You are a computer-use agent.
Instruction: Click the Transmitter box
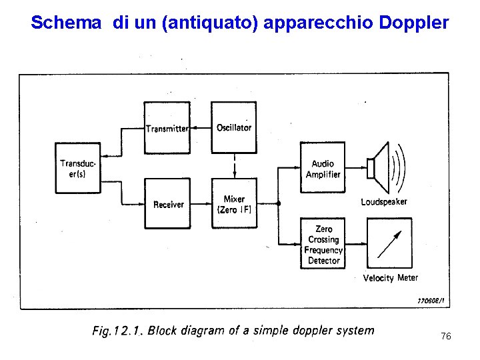point(167,128)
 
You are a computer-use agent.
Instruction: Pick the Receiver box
point(167,204)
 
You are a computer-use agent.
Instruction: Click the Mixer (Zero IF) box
point(234,204)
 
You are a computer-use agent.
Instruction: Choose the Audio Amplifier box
point(323,169)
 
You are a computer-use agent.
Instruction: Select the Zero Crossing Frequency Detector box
point(323,245)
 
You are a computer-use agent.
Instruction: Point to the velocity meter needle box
point(389,244)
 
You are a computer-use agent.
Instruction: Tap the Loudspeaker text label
point(384,201)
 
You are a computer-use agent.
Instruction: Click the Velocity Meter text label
point(391,278)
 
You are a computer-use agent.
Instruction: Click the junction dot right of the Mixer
point(279,203)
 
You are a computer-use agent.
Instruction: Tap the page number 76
point(446,337)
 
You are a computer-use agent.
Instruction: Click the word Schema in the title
point(65,23)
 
